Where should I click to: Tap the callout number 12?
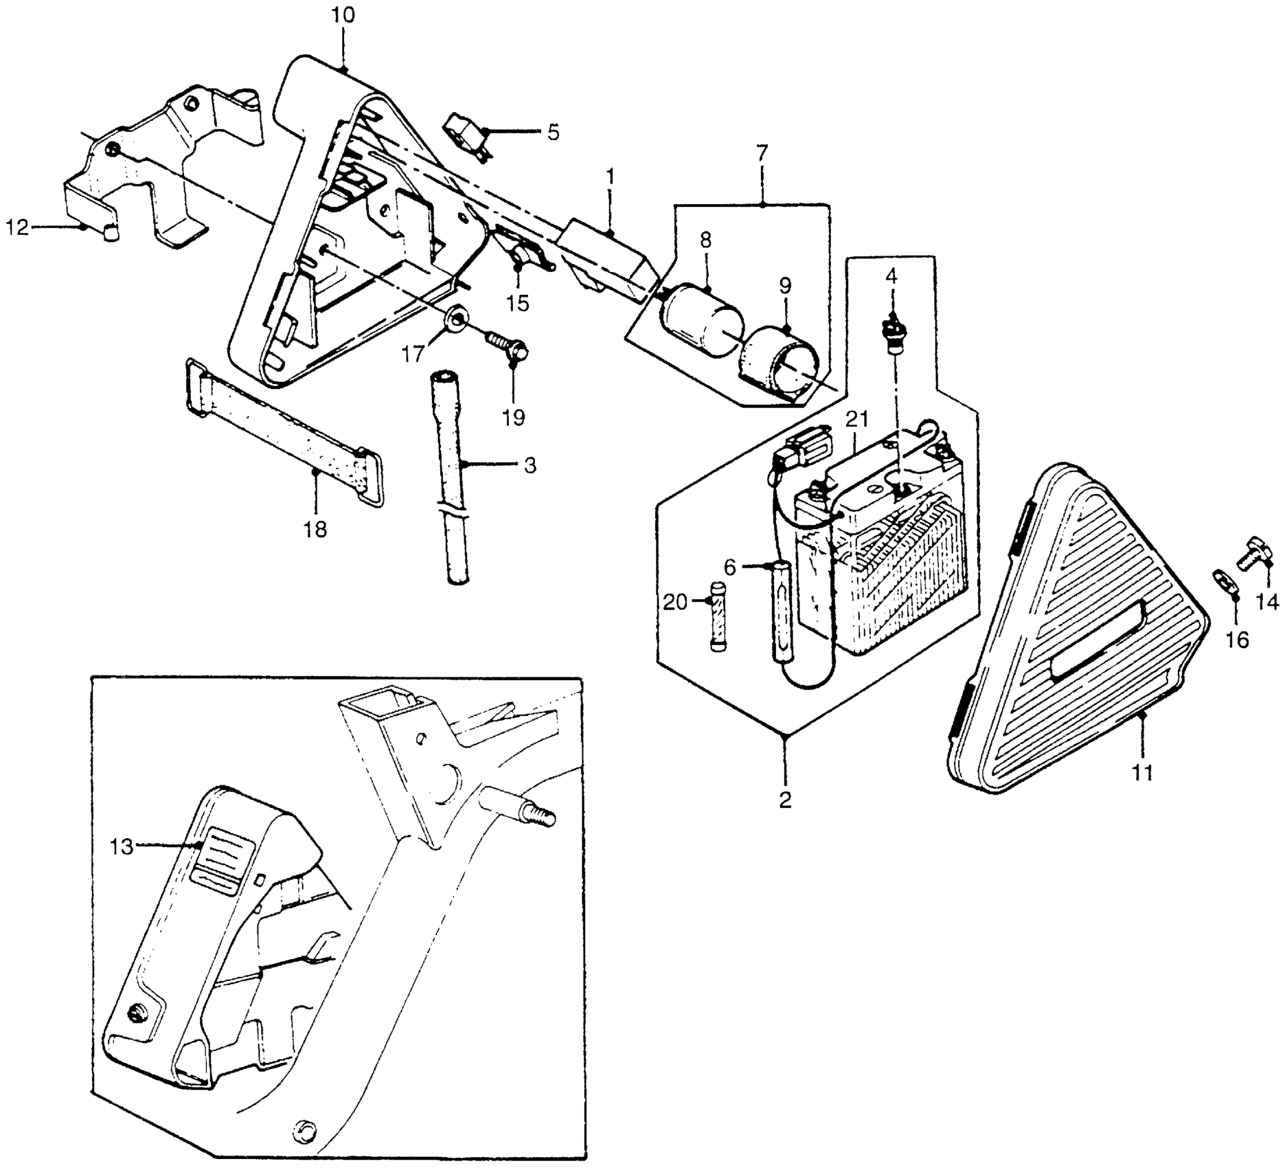[19, 227]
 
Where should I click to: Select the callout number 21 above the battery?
[857, 418]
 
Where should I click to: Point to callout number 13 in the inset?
[122, 847]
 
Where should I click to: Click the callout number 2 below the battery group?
[785, 799]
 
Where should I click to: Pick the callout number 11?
[1141, 772]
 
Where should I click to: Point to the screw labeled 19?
[508, 345]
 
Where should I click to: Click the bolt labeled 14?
[1254, 553]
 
